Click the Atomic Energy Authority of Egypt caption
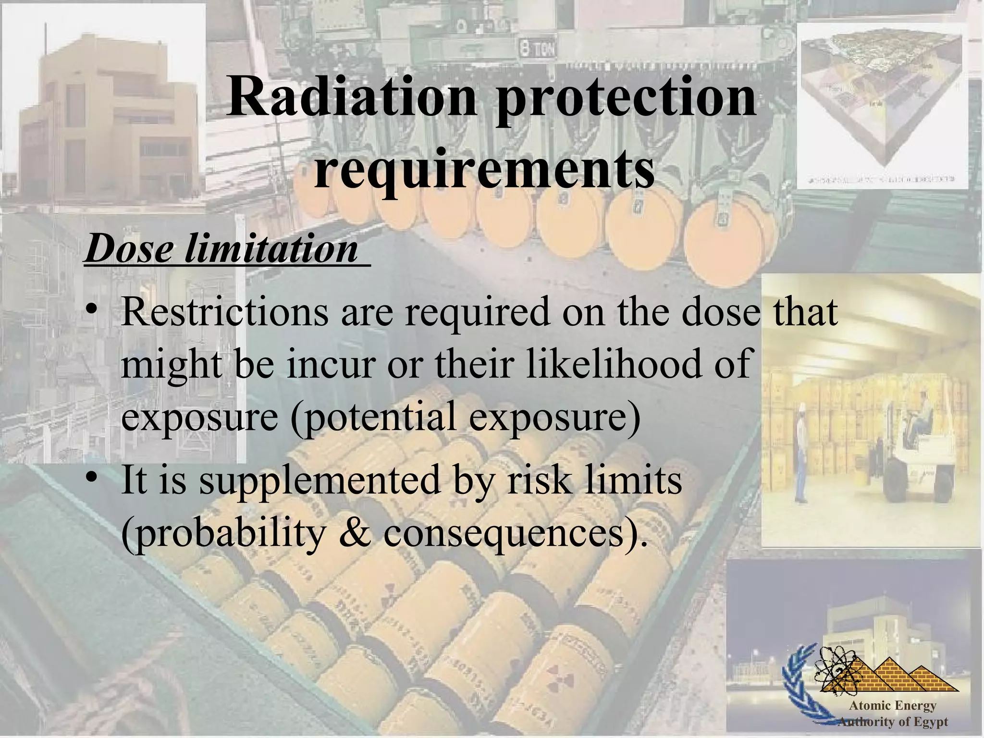pyautogui.click(x=893, y=713)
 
